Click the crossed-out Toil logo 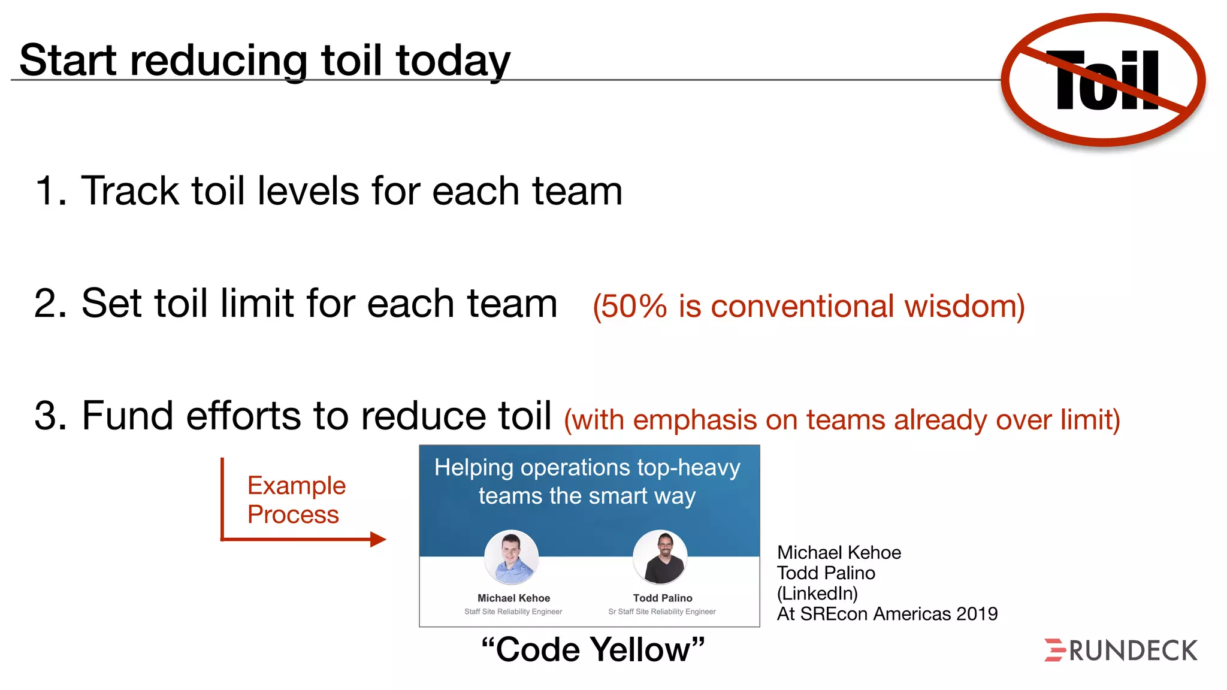pyautogui.click(x=1104, y=80)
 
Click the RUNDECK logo pyautogui.click(x=1121, y=650)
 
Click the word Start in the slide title pyautogui.click(x=68, y=60)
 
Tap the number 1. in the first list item pyautogui.click(x=50, y=191)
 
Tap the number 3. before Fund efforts pyautogui.click(x=50, y=416)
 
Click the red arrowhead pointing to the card pyautogui.click(x=378, y=539)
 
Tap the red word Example pyautogui.click(x=297, y=486)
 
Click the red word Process pyautogui.click(x=293, y=515)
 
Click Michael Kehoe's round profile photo pyautogui.click(x=511, y=558)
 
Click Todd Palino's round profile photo pyautogui.click(x=660, y=558)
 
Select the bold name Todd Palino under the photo pyautogui.click(x=662, y=598)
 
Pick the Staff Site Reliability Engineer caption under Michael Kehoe pyautogui.click(x=513, y=612)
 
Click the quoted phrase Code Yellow pyautogui.click(x=593, y=650)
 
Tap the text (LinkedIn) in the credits pyautogui.click(x=817, y=594)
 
